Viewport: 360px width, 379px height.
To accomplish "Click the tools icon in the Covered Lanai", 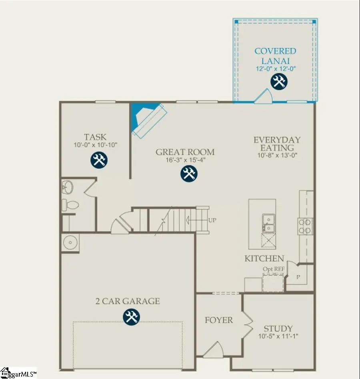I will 278,82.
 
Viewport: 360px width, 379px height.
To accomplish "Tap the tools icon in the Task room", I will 98,160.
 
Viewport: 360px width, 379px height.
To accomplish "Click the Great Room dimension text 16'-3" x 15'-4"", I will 185,160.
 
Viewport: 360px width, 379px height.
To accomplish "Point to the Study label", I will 278,328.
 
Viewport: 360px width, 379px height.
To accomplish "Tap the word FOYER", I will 219,320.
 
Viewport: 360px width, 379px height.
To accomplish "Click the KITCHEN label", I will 264,259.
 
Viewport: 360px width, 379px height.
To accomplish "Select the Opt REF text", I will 274,269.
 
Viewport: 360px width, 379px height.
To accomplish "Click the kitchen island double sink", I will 268,223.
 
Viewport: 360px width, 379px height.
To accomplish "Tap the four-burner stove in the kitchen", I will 305,226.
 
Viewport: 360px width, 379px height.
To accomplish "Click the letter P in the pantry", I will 298,277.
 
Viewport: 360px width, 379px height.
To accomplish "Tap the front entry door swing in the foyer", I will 213,351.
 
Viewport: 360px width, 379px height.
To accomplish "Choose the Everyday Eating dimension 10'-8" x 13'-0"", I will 277,155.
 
